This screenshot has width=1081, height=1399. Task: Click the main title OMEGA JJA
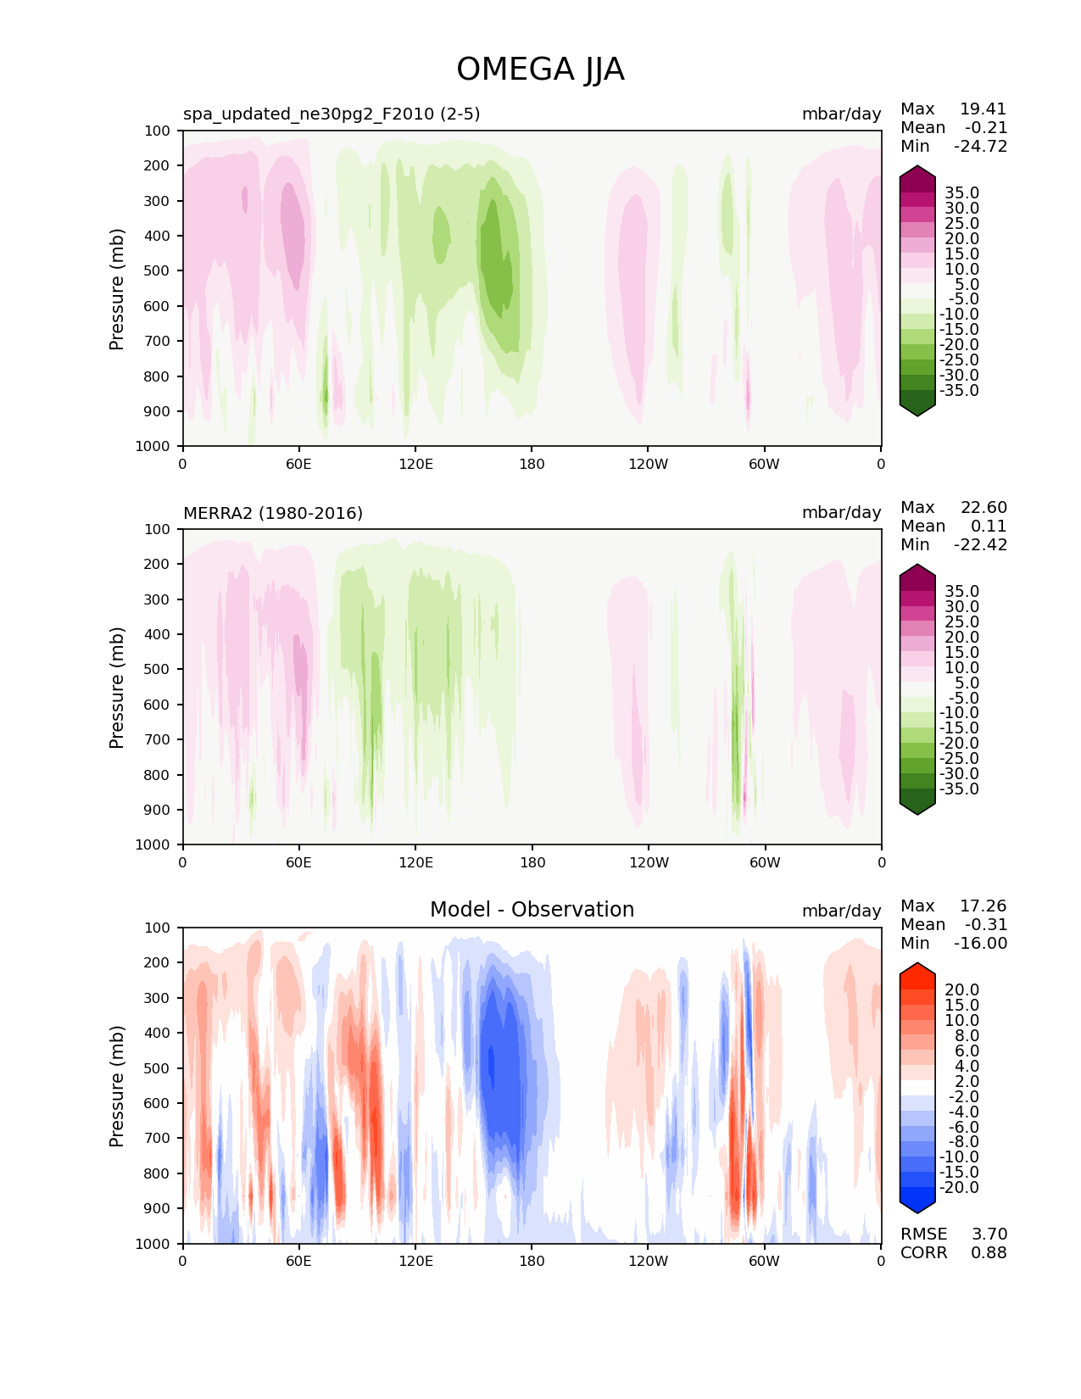click(540, 70)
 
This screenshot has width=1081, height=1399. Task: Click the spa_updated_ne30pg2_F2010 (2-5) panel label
click(332, 114)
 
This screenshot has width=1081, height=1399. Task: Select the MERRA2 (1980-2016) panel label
click(273, 513)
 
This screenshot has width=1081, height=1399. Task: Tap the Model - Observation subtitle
click(532, 910)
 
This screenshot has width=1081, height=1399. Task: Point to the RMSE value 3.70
click(989, 1234)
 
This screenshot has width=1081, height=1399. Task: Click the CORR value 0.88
click(989, 1252)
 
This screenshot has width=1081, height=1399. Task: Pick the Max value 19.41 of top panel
click(983, 109)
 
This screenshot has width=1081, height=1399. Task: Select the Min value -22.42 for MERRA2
click(981, 544)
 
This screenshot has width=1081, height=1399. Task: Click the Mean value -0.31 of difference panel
click(986, 924)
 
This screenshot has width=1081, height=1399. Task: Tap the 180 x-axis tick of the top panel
click(532, 464)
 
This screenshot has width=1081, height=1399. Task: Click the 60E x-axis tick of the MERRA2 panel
click(298, 862)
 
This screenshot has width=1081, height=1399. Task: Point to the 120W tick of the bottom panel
click(648, 1261)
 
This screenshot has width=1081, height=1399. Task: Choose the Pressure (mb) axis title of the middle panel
click(117, 687)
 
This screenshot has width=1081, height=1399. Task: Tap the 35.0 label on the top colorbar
click(961, 192)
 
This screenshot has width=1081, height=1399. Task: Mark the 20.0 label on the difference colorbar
click(961, 989)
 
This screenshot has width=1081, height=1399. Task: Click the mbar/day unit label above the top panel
click(841, 114)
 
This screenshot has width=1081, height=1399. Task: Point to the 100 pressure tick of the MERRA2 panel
click(158, 529)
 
